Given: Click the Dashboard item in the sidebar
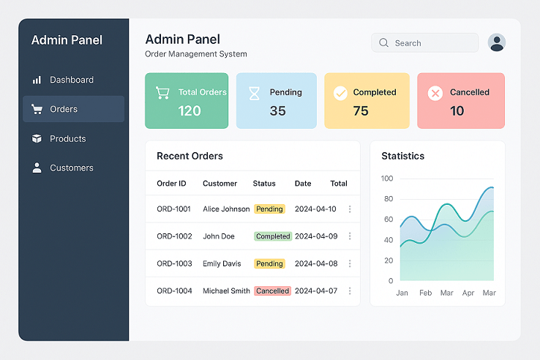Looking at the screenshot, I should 71,80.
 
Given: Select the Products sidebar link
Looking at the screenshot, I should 67,138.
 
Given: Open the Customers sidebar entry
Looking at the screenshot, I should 71,168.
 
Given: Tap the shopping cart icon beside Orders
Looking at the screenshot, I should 37,109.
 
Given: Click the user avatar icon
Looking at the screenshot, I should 497,43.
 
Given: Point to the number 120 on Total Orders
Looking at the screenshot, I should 190,111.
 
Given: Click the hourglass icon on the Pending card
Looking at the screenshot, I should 254,93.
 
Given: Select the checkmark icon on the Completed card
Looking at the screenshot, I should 340,93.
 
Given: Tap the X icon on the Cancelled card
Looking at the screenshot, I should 435,93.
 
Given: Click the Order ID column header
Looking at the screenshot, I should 171,184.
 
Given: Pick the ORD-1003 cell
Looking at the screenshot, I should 174,263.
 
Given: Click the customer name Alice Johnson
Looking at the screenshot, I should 226,209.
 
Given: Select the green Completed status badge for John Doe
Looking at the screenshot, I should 273,236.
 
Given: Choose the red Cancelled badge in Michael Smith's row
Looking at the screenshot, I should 273,290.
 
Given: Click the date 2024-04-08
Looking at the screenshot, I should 315,263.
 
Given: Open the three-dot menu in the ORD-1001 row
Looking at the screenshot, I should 350,209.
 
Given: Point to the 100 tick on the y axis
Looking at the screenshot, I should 386,179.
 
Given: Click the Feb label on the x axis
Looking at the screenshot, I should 425,293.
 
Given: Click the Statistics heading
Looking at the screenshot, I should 402,156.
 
